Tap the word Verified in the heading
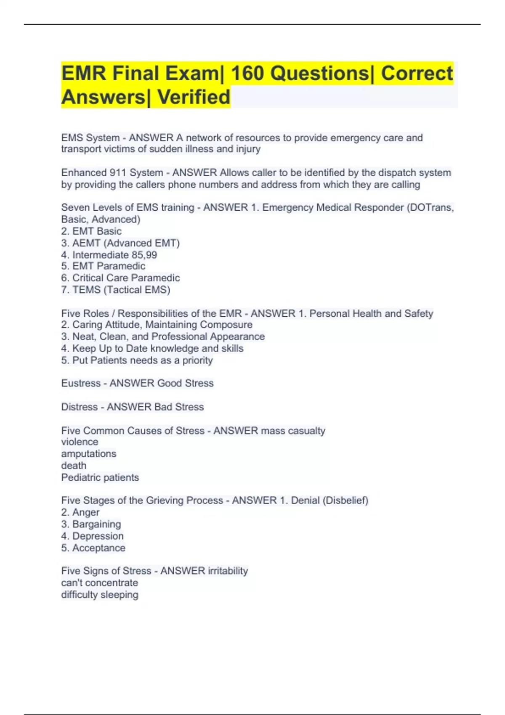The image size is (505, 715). click(x=194, y=97)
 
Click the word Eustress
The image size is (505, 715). click(x=81, y=383)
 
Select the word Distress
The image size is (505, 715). click(x=80, y=407)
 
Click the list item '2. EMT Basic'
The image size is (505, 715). click(x=91, y=231)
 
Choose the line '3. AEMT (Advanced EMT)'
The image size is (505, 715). click(x=120, y=243)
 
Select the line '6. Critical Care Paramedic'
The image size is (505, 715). click(x=120, y=278)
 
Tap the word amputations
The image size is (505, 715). click(x=89, y=454)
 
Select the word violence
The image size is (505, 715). click(x=80, y=442)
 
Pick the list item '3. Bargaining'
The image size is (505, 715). click(x=91, y=524)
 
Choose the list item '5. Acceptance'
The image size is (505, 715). click(x=93, y=548)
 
